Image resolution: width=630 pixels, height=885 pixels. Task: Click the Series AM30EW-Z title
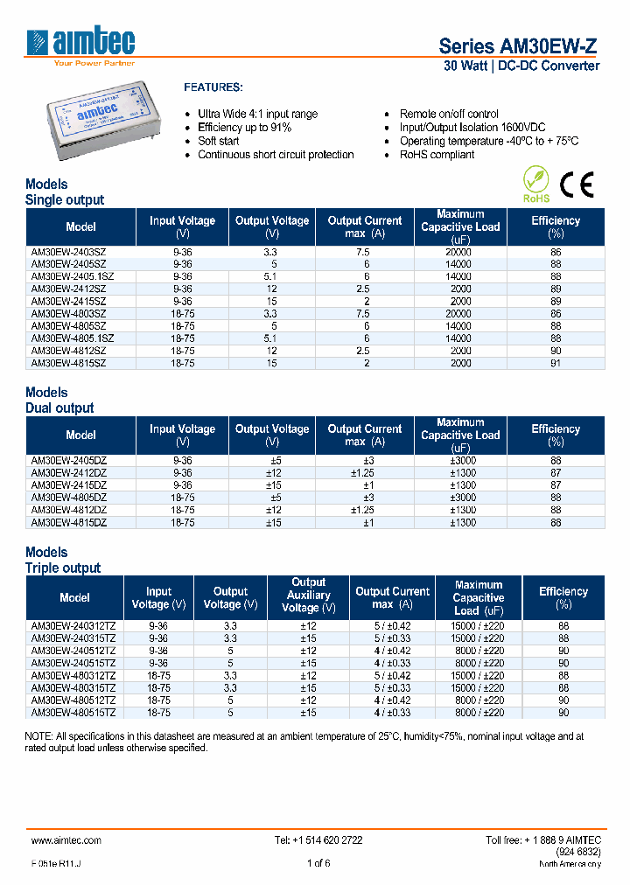pyautogui.click(x=519, y=45)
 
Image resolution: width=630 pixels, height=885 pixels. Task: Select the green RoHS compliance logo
pyautogui.click(x=535, y=185)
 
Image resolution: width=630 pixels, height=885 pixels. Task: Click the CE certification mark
pyautogui.click(x=577, y=184)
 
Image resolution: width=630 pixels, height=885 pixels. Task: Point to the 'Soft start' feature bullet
pyautogui.click(x=219, y=141)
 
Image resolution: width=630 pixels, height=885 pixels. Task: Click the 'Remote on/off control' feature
pyautogui.click(x=449, y=114)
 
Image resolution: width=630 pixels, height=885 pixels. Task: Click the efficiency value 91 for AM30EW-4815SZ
pyautogui.click(x=556, y=362)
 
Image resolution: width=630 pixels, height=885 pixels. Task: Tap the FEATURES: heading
pyautogui.click(x=213, y=88)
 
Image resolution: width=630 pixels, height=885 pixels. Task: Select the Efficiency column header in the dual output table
pyautogui.click(x=556, y=435)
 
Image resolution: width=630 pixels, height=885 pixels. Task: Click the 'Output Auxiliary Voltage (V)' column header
pyautogui.click(x=308, y=595)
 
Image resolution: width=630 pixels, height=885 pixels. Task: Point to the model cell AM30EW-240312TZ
pyautogui.click(x=74, y=626)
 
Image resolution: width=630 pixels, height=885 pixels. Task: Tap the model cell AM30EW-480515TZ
pyautogui.click(x=74, y=712)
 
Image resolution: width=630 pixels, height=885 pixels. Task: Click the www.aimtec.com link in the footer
pyautogui.click(x=66, y=840)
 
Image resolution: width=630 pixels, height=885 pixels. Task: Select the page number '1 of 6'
pyautogui.click(x=318, y=864)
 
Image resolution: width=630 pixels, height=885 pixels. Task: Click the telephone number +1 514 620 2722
pyautogui.click(x=318, y=840)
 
